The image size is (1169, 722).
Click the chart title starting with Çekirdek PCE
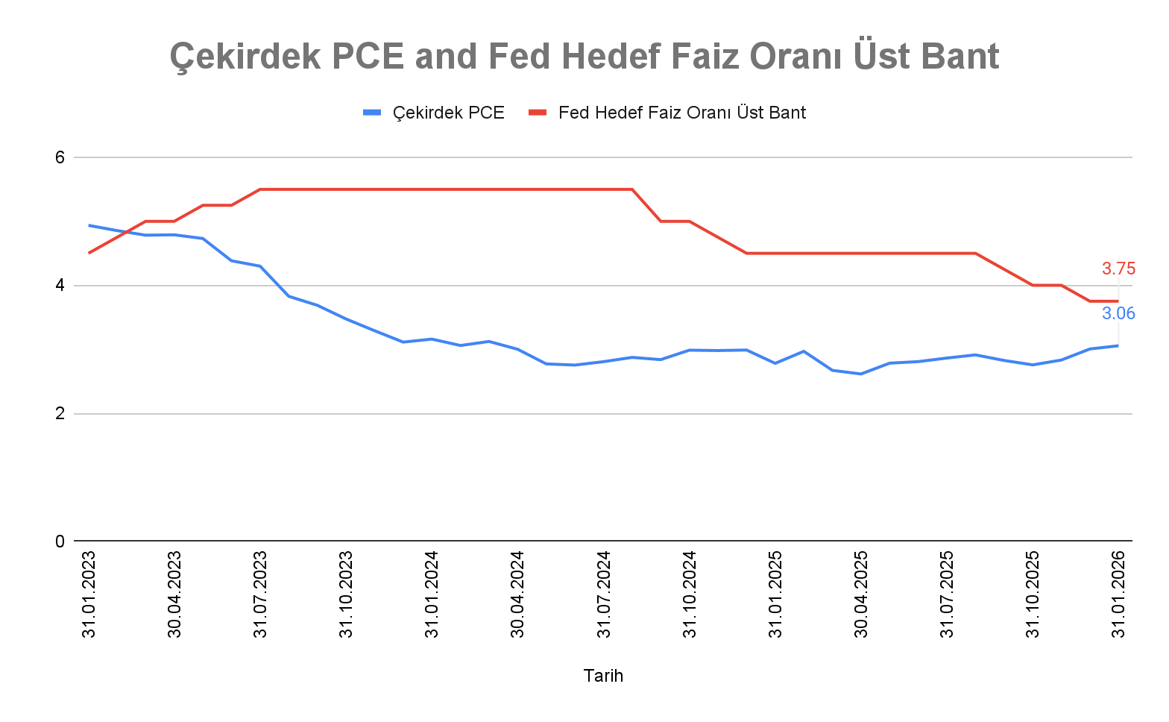coord(584,56)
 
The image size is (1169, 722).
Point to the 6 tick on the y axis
coord(60,157)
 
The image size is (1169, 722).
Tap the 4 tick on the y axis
coord(60,286)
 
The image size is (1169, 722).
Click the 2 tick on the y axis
coord(60,414)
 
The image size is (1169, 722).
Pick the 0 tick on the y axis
coord(60,541)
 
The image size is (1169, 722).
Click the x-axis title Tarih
coord(603,676)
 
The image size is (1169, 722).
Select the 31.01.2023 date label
coord(89,594)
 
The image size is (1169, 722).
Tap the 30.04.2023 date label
coord(174,594)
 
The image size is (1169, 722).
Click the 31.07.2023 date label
coord(260,594)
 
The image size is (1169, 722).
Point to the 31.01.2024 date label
coord(432,594)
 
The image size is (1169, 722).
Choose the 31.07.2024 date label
coord(604,594)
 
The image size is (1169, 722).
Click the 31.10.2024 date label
coord(690,594)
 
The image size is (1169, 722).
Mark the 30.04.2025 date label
coord(861,594)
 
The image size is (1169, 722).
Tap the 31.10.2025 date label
coord(1033,594)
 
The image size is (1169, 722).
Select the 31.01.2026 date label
coord(1118,594)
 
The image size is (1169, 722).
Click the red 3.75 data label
coord(1118,269)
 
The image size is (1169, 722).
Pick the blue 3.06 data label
coord(1118,314)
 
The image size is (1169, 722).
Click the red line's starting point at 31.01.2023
coord(89,253)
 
